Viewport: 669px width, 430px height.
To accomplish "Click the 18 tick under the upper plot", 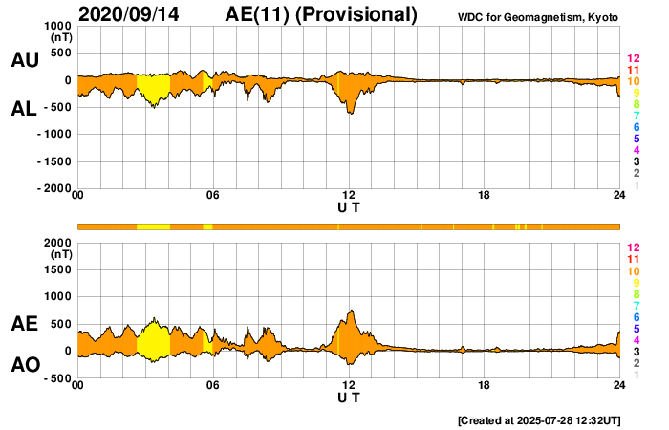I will (485, 196).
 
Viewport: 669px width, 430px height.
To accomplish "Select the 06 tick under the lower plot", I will (213, 385).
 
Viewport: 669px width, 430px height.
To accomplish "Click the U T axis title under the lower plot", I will (349, 397).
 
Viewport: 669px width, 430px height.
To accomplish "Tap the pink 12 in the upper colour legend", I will (633, 59).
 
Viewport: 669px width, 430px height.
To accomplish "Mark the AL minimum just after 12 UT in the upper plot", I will (351, 114).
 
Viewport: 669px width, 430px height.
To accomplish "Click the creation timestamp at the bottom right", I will (539, 419).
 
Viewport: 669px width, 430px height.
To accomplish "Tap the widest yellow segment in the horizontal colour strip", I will (153, 226).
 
